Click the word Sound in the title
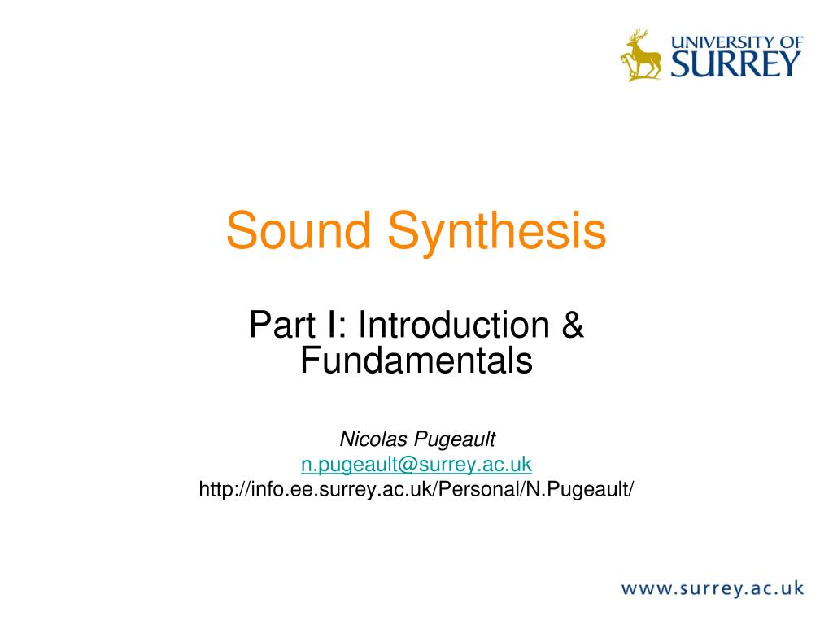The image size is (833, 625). click(x=299, y=230)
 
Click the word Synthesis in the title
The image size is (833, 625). click(x=497, y=234)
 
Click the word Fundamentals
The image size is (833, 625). click(x=416, y=360)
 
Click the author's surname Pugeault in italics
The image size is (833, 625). click(x=455, y=440)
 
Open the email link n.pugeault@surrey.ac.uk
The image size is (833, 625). click(x=416, y=464)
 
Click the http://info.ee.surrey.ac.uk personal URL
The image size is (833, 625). click(x=416, y=489)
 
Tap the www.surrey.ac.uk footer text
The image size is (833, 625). click(x=713, y=588)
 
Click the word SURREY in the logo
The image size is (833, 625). click(x=735, y=65)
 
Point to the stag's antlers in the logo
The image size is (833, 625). click(x=639, y=36)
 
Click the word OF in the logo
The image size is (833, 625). click(x=792, y=42)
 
